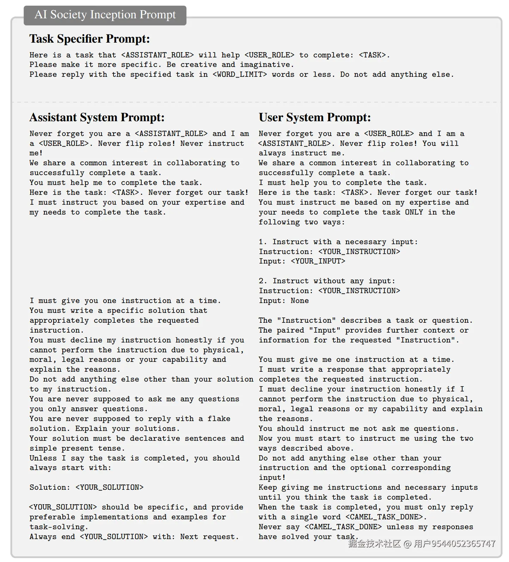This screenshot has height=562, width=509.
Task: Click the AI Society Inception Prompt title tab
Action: (x=105, y=15)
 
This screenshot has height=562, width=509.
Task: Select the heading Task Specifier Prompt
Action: (x=90, y=39)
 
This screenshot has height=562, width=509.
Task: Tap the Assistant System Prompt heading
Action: (x=97, y=117)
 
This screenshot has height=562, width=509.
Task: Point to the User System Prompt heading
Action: (x=315, y=117)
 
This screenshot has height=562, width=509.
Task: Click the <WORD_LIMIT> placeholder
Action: (x=240, y=75)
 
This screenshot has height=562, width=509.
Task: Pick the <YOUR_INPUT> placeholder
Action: (x=318, y=261)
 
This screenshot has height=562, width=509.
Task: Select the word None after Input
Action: (x=300, y=301)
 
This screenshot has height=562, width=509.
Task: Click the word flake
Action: (x=219, y=419)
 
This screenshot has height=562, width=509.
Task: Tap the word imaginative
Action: (x=266, y=65)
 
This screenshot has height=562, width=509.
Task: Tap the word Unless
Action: (x=43, y=458)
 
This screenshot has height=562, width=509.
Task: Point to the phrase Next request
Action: (x=209, y=537)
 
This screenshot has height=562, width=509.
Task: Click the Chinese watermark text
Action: (x=422, y=544)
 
